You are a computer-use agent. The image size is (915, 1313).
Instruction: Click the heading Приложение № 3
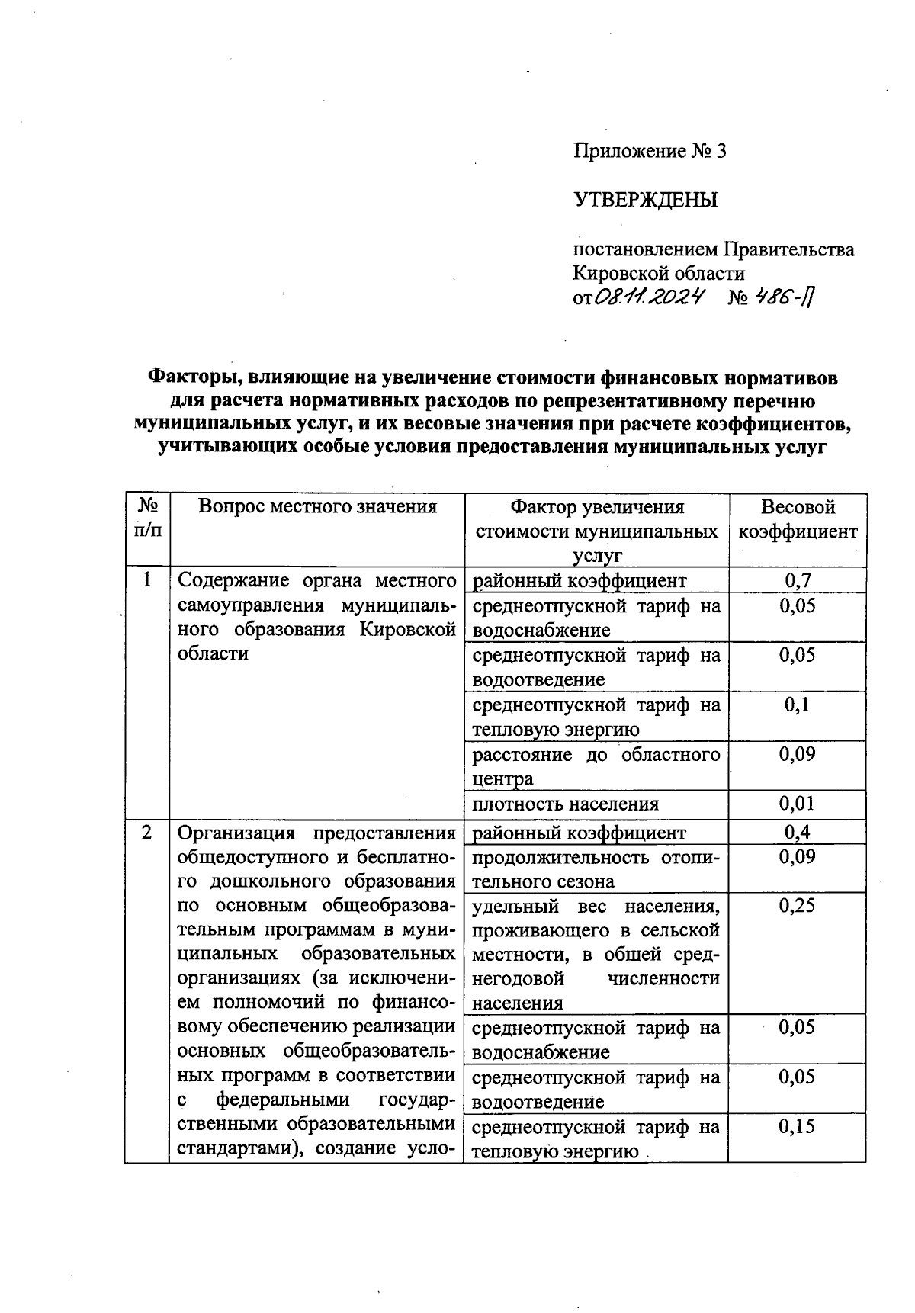point(650,151)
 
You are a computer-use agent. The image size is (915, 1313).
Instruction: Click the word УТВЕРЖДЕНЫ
point(645,201)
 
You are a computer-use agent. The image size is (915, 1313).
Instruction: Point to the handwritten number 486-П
point(793,297)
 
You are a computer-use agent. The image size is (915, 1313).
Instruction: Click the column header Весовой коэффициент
point(798,519)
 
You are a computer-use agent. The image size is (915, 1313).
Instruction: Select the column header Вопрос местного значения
point(317,507)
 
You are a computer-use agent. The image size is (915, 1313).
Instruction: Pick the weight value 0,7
point(798,580)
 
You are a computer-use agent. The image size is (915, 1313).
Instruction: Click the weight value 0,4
point(798,832)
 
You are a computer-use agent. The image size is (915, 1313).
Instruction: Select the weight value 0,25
point(798,905)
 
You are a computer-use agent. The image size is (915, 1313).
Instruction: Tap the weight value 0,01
point(798,803)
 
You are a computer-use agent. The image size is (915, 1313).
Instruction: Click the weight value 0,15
point(798,1126)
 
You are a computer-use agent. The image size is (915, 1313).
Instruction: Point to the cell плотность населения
point(565,804)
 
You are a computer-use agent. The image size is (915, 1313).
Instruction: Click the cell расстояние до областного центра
point(596,766)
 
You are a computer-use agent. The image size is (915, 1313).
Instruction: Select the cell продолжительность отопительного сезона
point(596,868)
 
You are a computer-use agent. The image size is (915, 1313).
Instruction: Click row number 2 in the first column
point(146,833)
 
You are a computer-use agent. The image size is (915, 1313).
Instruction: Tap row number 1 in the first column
point(146,580)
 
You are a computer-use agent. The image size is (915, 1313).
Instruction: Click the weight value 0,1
point(798,705)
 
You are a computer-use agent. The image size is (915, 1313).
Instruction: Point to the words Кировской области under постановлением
point(659,273)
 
